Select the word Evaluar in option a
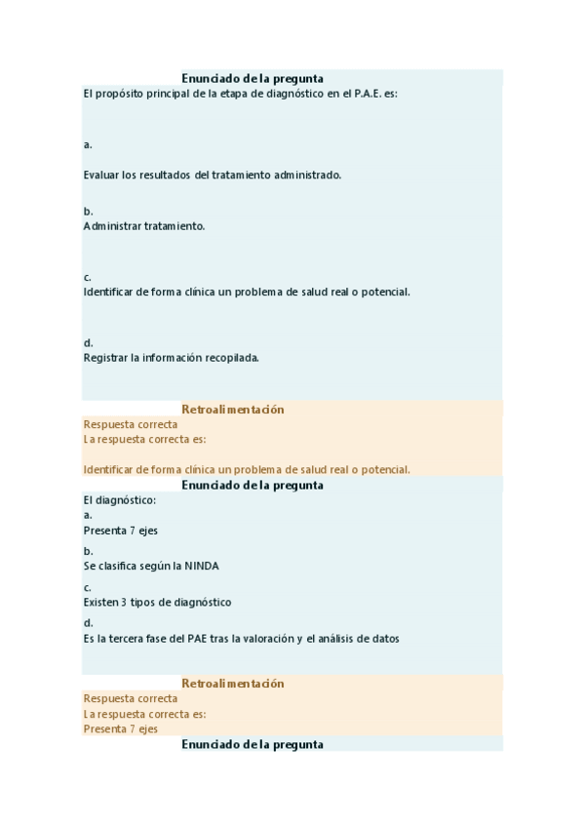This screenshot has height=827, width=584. coord(101,175)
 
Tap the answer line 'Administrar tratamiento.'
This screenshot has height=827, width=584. coord(144,225)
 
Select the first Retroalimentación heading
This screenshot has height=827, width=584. coord(233,410)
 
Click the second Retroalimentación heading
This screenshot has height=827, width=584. coord(233,684)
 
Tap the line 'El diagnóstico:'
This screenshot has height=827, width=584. coord(120,499)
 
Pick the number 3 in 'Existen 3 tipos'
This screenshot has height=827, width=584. coord(124,603)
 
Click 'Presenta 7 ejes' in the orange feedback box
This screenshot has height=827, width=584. coord(121,729)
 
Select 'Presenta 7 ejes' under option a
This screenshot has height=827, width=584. coord(121,532)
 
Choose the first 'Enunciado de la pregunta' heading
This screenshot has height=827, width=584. coord(253,78)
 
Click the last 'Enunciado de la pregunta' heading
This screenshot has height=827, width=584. coord(253,744)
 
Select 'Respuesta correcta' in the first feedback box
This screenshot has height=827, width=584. coord(131,425)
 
